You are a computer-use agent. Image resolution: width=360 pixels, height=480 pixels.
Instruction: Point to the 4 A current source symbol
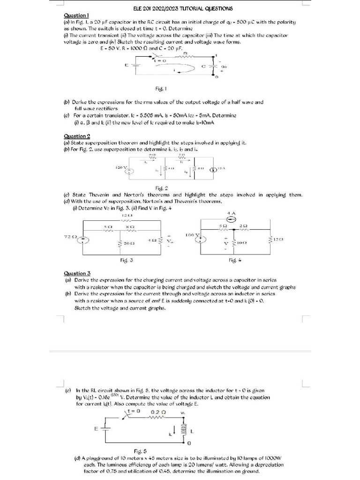[231, 220]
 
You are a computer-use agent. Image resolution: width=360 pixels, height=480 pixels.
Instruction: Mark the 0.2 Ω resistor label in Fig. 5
[156, 412]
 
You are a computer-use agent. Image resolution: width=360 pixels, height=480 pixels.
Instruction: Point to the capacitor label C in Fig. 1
[203, 66]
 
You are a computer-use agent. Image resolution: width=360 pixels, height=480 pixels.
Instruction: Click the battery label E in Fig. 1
[126, 65]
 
